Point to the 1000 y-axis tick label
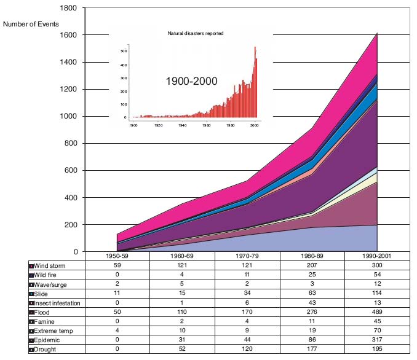(68, 117)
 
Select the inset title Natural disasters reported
(195, 33)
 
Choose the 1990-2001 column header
(376, 255)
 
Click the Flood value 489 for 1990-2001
(376, 312)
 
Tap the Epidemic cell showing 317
(376, 340)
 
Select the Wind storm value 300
(376, 265)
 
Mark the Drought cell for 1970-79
(246, 350)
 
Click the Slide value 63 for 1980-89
(311, 293)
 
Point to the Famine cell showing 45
(376, 321)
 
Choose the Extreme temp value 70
(376, 331)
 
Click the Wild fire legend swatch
(31, 275)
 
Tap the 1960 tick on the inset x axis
(206, 125)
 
